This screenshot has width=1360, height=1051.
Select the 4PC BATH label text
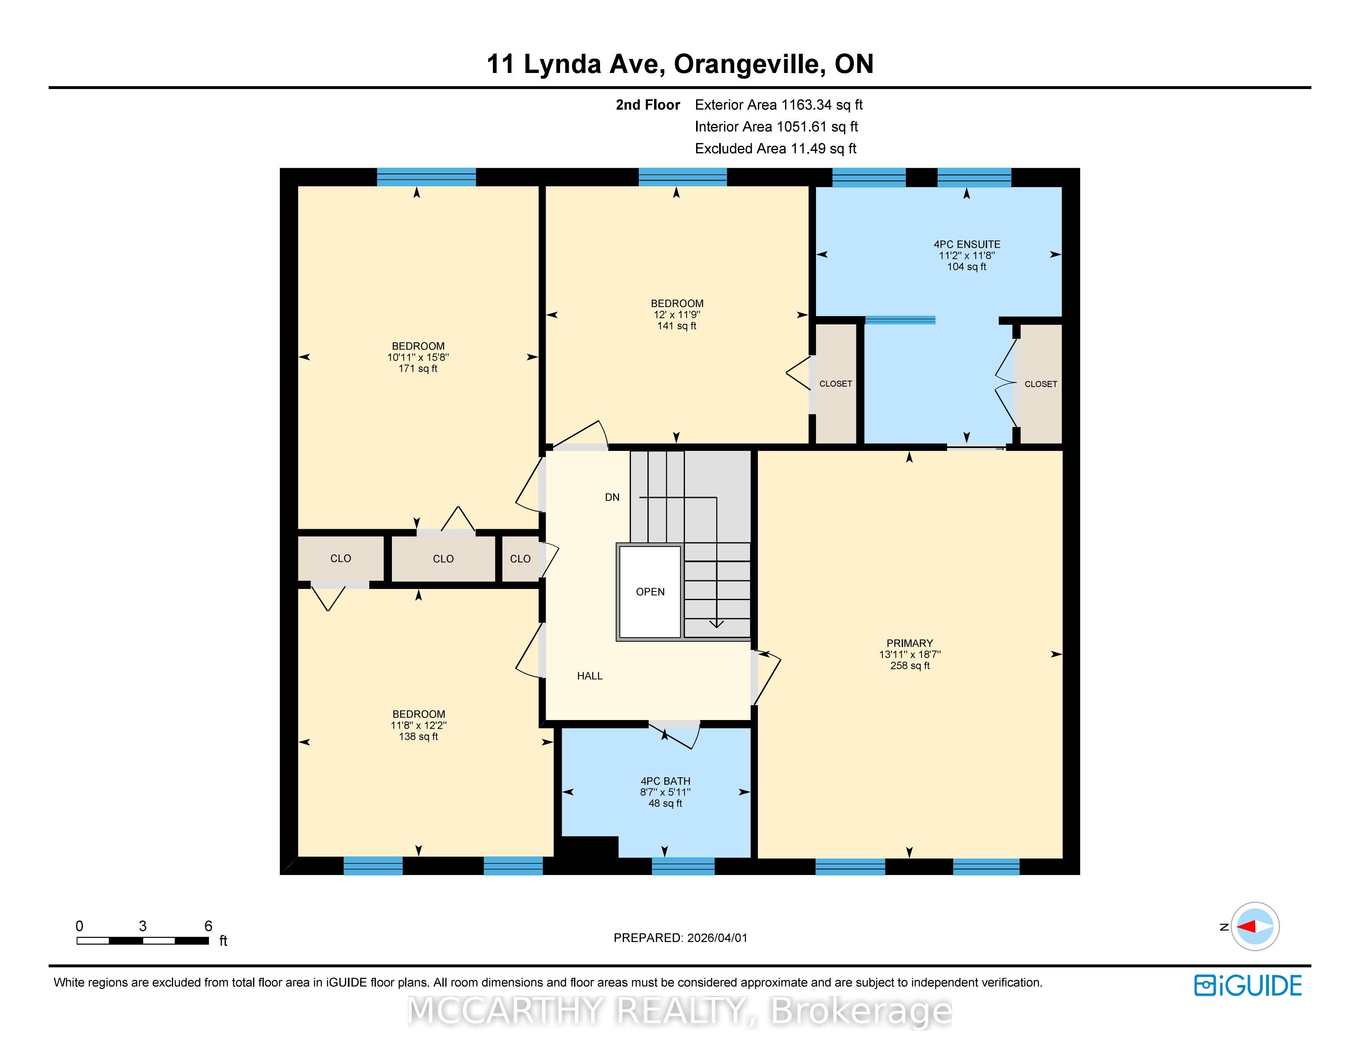[x=665, y=781]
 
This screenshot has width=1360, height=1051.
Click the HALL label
[x=590, y=676]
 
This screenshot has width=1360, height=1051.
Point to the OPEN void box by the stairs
[x=650, y=591]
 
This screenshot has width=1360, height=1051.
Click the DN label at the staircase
[x=612, y=497]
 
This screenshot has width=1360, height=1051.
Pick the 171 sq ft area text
[x=418, y=368]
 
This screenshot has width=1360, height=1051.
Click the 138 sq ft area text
[x=418, y=737]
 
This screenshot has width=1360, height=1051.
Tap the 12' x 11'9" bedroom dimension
[x=677, y=315]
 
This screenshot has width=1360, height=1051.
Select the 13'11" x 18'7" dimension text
[x=910, y=655]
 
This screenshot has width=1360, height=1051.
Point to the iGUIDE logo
[x=1248, y=985]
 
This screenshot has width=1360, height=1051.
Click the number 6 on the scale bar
[x=208, y=926]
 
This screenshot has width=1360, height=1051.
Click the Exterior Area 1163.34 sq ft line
[x=778, y=105]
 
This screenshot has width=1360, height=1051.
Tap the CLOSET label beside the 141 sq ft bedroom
[x=836, y=384]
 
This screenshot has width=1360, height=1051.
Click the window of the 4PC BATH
[x=683, y=866]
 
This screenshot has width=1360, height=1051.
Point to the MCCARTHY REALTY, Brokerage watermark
[x=680, y=1011]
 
